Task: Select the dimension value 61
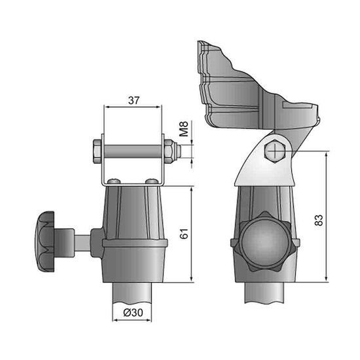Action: pos(185,234)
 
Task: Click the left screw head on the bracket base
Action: pos(115,179)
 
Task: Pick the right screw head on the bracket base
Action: pos(152,179)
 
